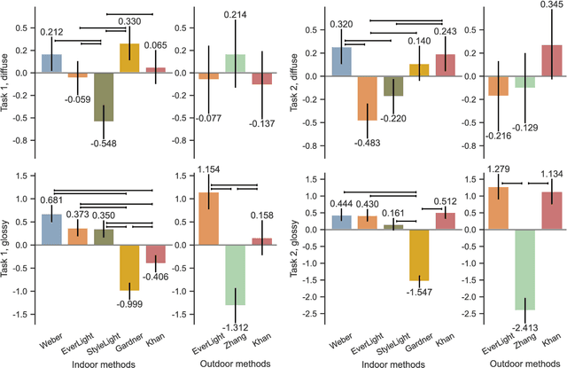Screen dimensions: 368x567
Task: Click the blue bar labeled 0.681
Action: click(x=52, y=216)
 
